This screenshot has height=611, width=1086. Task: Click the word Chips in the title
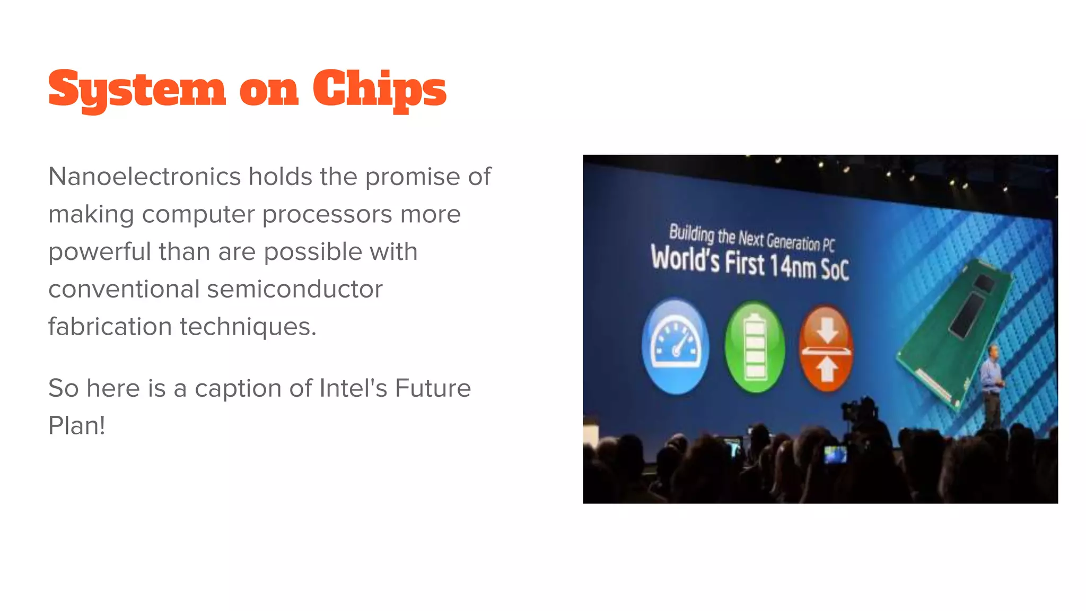coord(379,89)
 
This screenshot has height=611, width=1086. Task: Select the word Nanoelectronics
coord(145,177)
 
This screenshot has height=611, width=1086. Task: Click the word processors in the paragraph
coord(328,215)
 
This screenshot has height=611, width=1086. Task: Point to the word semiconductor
coord(294,290)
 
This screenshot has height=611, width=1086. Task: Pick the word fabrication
coord(110,327)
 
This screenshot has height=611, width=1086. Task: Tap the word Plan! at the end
coord(77,425)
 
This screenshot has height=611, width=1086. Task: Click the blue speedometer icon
coord(675,346)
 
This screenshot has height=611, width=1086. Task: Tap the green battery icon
coord(755,347)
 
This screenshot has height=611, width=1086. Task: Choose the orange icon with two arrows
coord(826,348)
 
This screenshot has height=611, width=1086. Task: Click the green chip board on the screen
coord(954,329)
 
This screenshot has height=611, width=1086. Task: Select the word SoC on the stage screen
coord(835,269)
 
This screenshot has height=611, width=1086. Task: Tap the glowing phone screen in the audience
coord(835,455)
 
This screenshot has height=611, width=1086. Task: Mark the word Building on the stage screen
coord(691,233)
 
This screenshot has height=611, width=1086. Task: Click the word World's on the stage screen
coord(685,259)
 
